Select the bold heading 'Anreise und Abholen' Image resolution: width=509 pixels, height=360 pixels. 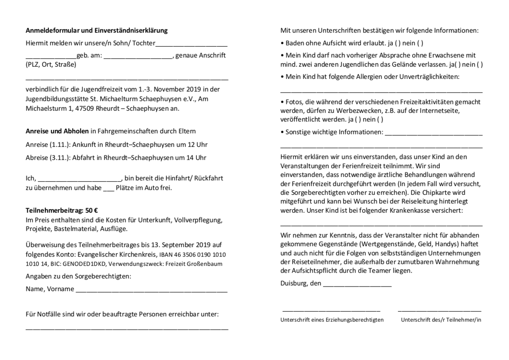coord(57,131)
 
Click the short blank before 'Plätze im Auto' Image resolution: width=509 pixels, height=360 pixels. coord(109,189)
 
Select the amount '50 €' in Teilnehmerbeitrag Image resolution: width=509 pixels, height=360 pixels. coord(92,210)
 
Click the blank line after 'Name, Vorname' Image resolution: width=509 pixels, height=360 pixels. coord(151,291)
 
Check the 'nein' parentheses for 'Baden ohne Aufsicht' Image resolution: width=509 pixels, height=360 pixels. coord(420,43)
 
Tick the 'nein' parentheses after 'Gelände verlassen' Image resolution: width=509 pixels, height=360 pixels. coord(480,65)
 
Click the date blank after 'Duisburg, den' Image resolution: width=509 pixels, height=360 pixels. coord(357,284)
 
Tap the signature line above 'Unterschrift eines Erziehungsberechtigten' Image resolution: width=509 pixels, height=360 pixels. coord(331,312)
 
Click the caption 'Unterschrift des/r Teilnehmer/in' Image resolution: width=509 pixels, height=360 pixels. coord(441,320)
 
